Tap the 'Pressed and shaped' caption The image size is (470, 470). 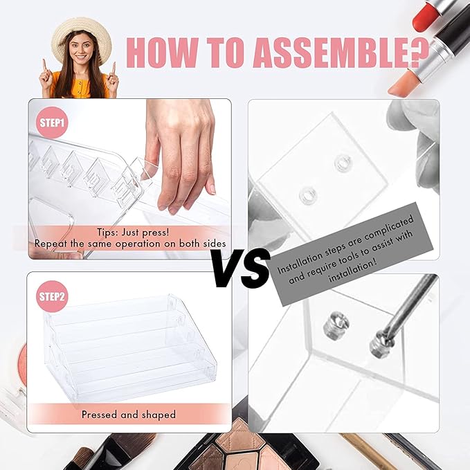129,415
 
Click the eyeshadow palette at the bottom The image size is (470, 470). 246,446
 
